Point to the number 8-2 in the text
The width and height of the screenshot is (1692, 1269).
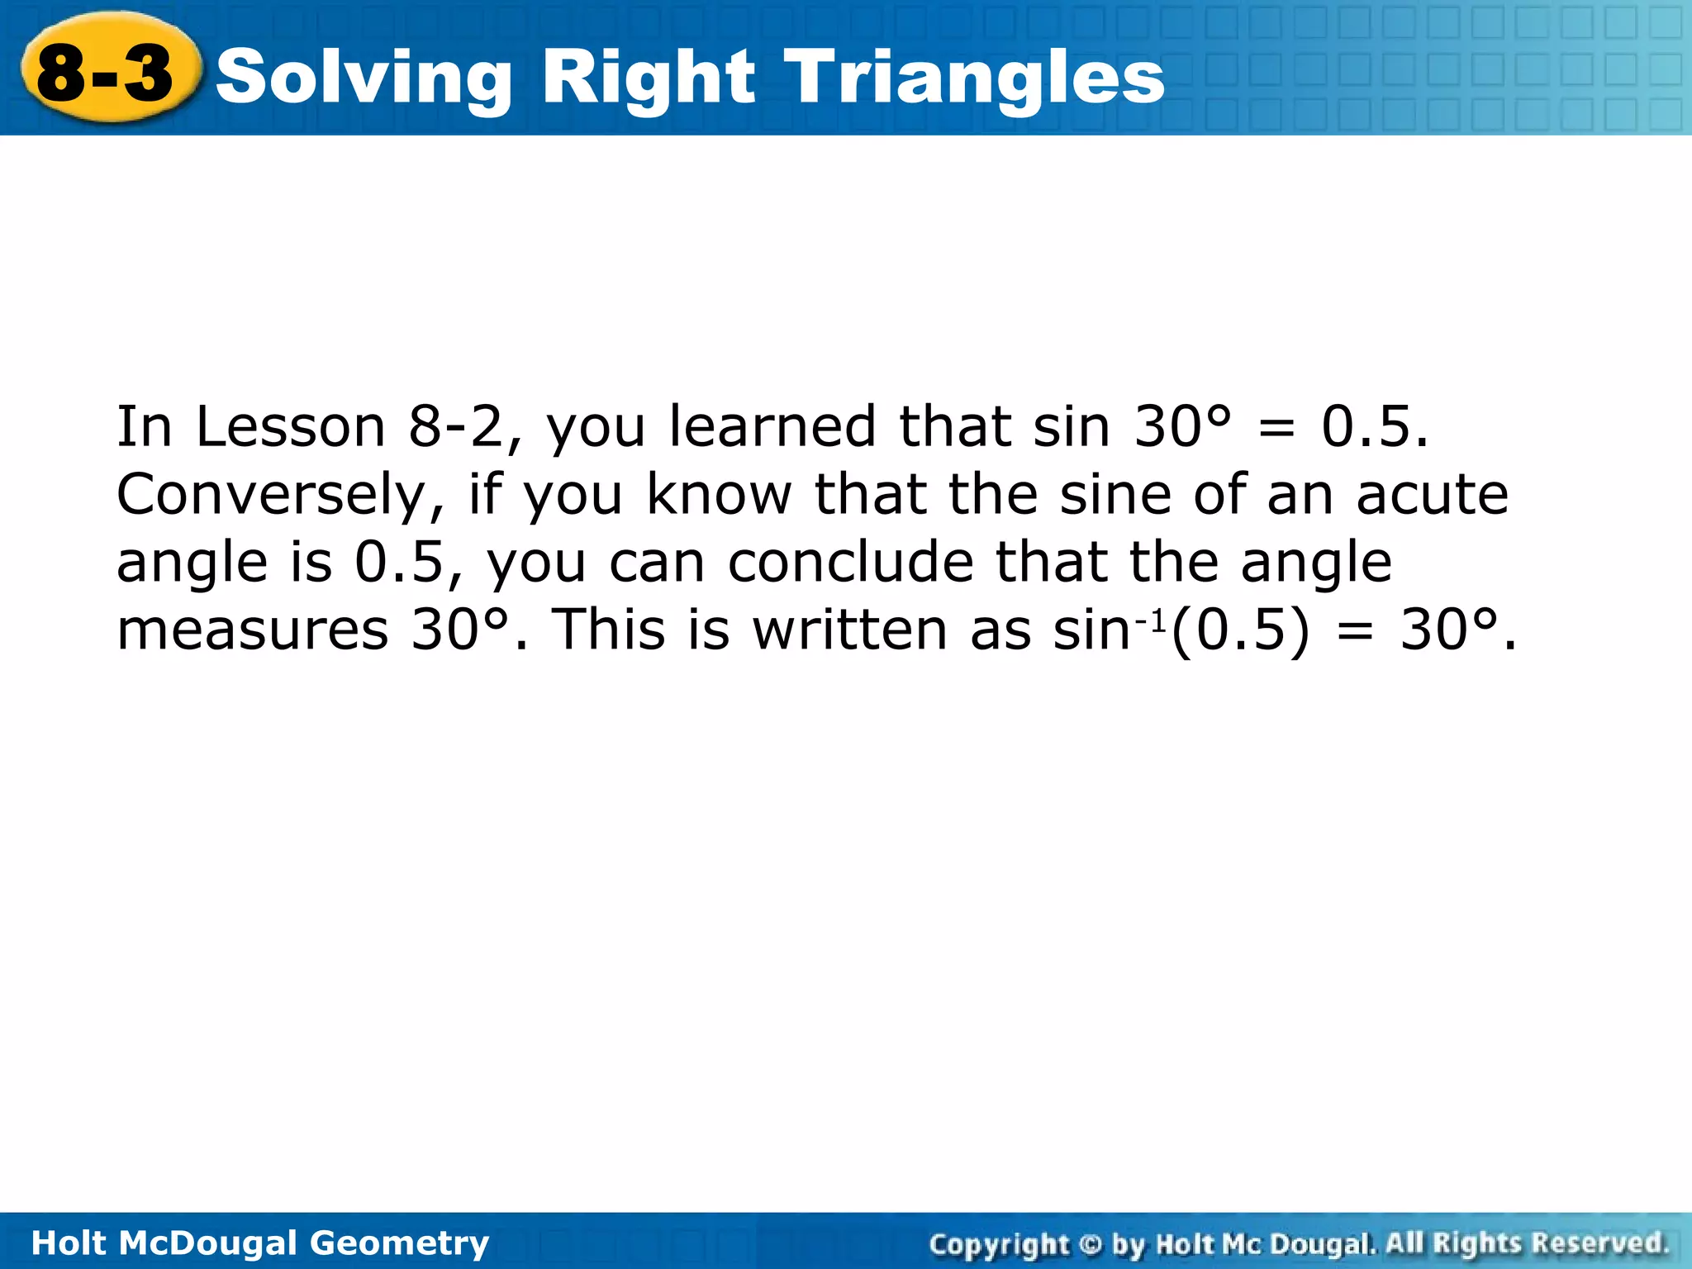pyautogui.click(x=454, y=427)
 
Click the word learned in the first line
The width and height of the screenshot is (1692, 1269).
pyautogui.click(x=772, y=427)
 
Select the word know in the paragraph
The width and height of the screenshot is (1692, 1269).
pyautogui.click(x=718, y=495)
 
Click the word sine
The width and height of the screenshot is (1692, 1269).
pyautogui.click(x=1115, y=495)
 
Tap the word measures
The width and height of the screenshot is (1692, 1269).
pyautogui.click(x=252, y=630)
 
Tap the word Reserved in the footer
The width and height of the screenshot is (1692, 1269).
pyautogui.click(x=1599, y=1243)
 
